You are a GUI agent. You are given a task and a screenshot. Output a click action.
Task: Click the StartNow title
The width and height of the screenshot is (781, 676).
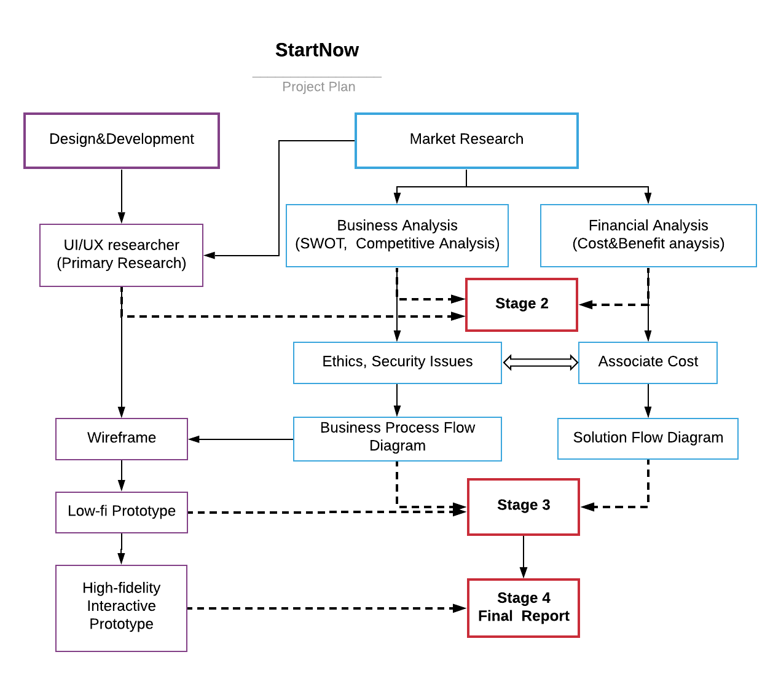pos(316,50)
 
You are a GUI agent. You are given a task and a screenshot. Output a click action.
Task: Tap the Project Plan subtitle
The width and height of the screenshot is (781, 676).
pos(318,87)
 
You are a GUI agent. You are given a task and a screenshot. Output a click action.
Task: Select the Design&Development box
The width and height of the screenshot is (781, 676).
pos(122,141)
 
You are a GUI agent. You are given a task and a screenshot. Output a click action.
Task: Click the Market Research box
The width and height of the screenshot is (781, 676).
pos(466,141)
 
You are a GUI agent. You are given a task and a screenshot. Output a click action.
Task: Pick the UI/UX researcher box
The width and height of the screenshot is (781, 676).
pos(122,255)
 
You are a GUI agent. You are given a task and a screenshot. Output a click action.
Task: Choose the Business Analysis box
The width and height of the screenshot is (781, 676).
pos(397,235)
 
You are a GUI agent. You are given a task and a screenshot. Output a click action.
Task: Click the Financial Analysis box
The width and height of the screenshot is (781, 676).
pos(648,235)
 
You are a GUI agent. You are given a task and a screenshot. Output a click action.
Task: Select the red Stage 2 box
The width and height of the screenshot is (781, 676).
pos(522,305)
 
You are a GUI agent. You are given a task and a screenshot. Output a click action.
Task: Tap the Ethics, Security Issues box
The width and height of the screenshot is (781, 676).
pos(397,363)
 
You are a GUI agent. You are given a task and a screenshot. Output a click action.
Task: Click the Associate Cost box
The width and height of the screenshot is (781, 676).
pos(648,363)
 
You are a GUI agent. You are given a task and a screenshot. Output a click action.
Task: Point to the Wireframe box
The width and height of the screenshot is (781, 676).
pos(122,439)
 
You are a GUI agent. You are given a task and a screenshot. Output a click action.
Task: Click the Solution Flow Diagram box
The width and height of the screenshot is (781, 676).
pos(648,439)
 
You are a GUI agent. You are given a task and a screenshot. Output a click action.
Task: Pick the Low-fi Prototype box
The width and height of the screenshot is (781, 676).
pos(122,512)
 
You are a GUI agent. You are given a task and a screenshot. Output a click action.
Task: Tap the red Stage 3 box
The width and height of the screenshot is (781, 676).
pos(524,507)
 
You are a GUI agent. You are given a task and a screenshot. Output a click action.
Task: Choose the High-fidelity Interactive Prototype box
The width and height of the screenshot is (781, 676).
pos(122,608)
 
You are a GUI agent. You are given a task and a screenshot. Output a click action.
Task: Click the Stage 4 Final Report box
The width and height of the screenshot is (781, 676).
pos(524,608)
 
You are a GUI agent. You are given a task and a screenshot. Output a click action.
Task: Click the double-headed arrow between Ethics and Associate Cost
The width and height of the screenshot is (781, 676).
pos(540,363)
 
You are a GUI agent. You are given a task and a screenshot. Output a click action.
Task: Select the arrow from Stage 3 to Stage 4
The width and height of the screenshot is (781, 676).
pos(524,557)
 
